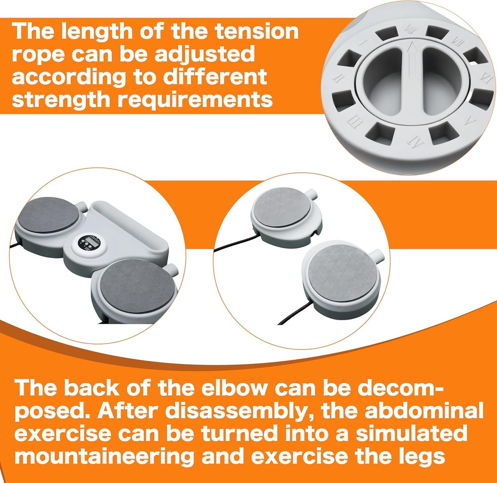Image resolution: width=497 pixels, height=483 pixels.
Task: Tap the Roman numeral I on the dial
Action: [363, 42]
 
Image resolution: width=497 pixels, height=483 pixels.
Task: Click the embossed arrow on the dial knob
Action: [411, 59]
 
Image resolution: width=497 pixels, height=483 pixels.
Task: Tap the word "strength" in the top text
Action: [61, 100]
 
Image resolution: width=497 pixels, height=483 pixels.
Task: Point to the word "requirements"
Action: [195, 100]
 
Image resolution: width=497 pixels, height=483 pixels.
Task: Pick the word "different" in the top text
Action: [215, 77]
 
